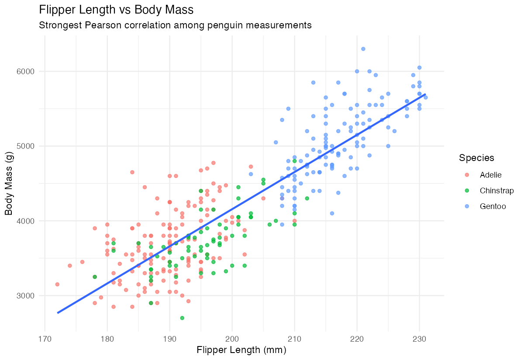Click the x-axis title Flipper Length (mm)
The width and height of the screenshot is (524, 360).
(x=241, y=350)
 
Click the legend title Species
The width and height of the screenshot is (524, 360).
(x=476, y=158)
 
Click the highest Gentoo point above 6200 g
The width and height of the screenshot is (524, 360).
(x=363, y=49)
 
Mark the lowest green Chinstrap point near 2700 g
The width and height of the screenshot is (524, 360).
(x=182, y=318)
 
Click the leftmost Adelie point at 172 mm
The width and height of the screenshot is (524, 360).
(x=57, y=284)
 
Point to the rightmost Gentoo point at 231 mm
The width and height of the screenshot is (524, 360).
(x=425, y=97)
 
